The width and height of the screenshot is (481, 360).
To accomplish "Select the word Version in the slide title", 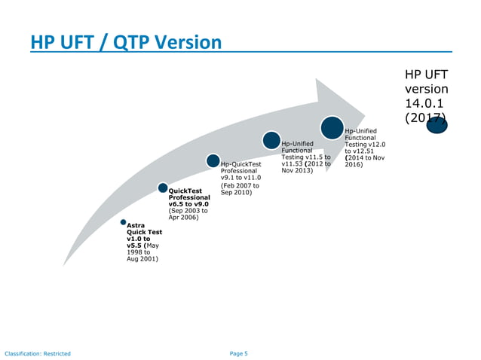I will (x=185, y=42).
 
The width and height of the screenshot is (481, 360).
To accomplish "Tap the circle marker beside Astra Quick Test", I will (x=123, y=222).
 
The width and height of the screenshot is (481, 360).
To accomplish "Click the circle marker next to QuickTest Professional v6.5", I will (x=162, y=187).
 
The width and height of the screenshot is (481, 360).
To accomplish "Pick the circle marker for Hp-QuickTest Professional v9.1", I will (x=213, y=161).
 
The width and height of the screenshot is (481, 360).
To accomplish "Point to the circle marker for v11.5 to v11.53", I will (x=271, y=140).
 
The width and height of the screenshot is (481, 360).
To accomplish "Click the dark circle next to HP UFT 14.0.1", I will (x=437, y=124).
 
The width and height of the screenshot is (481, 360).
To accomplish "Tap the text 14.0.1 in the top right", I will (x=425, y=103).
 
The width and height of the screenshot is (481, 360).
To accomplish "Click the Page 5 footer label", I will (x=239, y=352).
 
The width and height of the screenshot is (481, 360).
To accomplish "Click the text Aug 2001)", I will (x=142, y=258).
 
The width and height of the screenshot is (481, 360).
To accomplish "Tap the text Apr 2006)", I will (x=185, y=217).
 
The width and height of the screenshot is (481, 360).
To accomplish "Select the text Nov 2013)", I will (x=297, y=170).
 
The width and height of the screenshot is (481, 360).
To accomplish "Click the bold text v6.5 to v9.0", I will (x=188, y=203).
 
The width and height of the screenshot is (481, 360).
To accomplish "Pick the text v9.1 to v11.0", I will (x=240, y=177).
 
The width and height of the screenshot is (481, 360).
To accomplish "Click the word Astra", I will (x=136, y=224).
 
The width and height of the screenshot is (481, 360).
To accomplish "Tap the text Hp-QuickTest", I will (x=240, y=163).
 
